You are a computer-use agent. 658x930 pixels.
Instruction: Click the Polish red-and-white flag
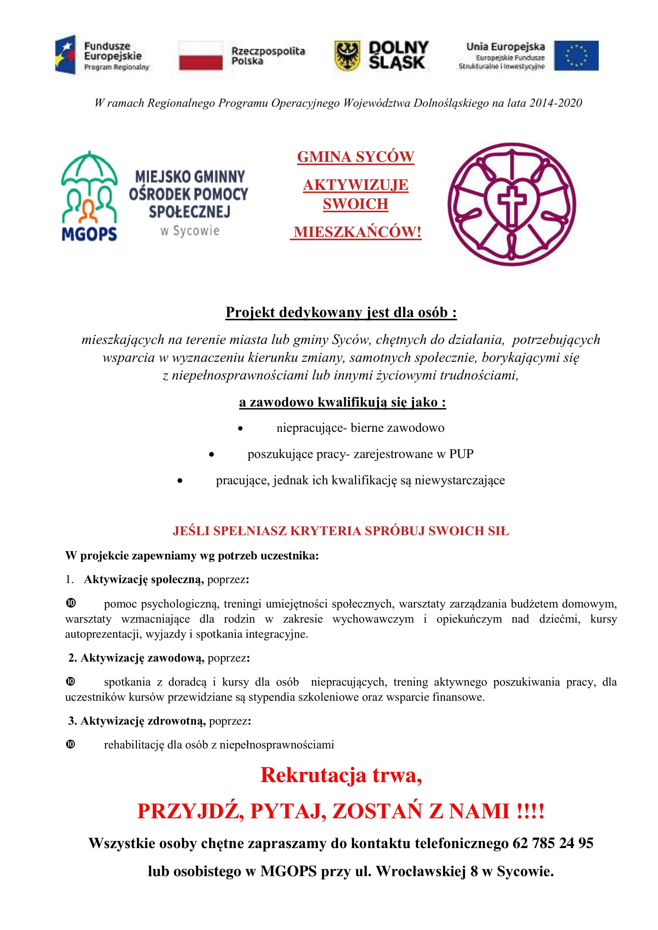[201, 56]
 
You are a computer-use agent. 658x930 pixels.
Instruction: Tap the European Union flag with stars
[576, 56]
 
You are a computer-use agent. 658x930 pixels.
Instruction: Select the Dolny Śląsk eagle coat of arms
[347, 56]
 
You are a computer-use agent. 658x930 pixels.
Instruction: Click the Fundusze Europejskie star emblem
[66, 55]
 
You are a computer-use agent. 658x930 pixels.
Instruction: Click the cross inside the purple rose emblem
[512, 204]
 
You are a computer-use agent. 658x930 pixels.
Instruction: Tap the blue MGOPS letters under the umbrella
[89, 234]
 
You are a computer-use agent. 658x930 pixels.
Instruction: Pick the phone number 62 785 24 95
[553, 843]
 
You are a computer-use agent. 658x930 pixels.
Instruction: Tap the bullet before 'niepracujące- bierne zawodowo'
[240, 428]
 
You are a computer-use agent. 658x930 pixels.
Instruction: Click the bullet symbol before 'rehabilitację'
[70, 744]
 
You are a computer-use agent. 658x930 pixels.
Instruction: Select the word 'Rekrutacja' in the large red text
[313, 775]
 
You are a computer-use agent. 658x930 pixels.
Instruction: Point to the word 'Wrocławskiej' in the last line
[421, 871]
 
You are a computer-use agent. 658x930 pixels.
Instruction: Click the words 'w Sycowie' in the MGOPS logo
[190, 231]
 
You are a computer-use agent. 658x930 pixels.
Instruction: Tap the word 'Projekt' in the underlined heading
[250, 312]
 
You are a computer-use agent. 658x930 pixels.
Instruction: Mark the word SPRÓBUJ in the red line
[395, 531]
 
